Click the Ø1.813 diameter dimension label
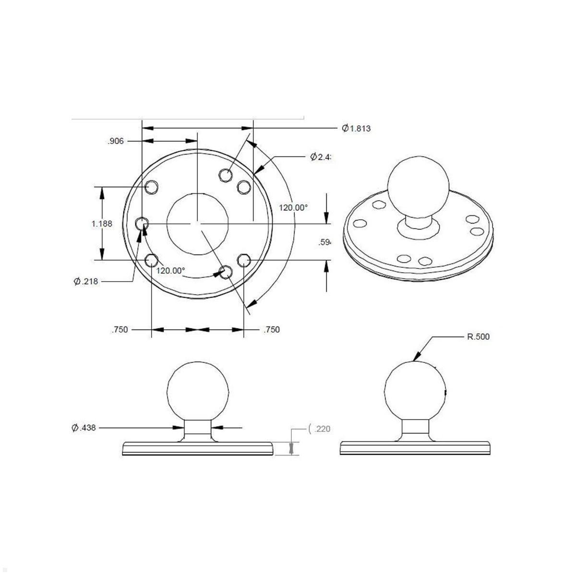pos(356,128)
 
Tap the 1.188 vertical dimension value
pos(102,224)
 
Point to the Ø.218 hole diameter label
pos(86,281)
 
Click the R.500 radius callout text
pos(478,337)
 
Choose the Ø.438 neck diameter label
pos(84,428)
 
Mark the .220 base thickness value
pos(321,429)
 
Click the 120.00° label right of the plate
pos(293,208)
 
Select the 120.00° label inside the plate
pos(170,270)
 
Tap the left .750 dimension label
pos(120,330)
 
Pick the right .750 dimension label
pos(271,330)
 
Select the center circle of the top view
pos(197,224)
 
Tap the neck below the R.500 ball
pos(416,429)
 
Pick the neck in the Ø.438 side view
pos(197,429)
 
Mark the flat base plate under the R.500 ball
pos(416,448)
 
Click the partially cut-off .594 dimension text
pos(325,243)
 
